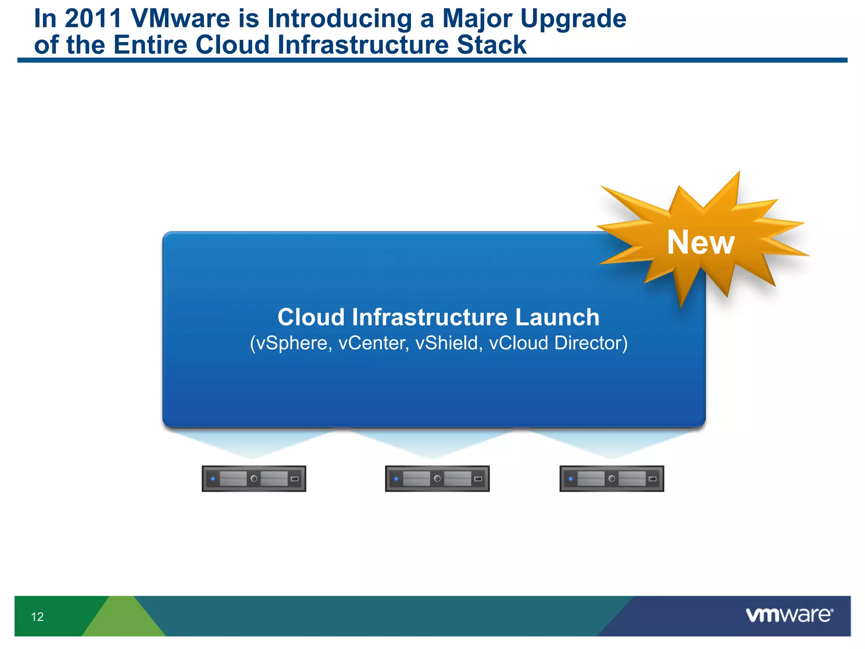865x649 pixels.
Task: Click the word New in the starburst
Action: click(701, 243)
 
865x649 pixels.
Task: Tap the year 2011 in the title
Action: click(93, 19)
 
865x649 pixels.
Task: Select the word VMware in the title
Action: click(181, 19)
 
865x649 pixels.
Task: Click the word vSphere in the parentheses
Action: click(291, 343)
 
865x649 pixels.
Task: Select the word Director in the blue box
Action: click(590, 343)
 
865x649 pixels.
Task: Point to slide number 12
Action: click(37, 617)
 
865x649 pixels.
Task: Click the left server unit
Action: click(254, 479)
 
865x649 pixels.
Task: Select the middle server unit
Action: click(437, 479)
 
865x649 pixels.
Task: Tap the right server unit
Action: click(612, 479)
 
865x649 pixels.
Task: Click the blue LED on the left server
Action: click(213, 479)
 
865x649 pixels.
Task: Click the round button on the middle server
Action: click(437, 478)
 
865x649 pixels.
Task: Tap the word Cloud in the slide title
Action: click(232, 45)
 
